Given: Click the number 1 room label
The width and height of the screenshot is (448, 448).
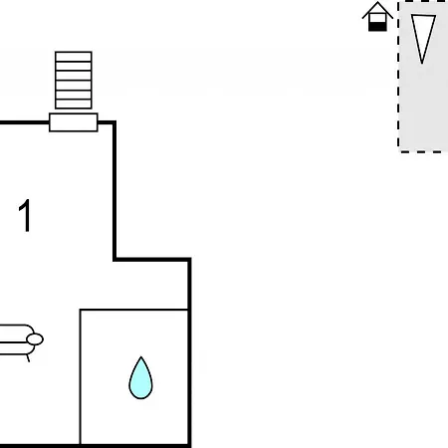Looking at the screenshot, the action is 25,216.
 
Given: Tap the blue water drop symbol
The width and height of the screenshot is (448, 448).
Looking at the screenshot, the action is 140,378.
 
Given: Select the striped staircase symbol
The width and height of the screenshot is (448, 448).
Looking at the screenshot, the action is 74,80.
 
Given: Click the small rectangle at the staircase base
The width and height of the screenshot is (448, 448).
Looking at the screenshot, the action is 74,122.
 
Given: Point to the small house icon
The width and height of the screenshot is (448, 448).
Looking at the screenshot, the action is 377,17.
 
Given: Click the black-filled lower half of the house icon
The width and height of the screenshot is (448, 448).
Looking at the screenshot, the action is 377,27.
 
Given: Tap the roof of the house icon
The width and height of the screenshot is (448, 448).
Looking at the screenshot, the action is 377,9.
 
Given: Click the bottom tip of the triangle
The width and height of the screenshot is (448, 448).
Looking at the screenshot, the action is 422,64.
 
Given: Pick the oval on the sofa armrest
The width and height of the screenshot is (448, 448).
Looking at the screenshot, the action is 35,339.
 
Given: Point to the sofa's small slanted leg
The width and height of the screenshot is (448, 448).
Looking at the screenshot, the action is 28,358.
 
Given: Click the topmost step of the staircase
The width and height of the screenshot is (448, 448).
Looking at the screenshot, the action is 74,57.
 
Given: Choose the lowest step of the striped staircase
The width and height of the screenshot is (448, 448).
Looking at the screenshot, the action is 74,105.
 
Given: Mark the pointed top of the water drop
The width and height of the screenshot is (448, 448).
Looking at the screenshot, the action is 141,357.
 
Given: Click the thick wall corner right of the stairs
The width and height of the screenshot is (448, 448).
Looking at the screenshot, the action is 114,122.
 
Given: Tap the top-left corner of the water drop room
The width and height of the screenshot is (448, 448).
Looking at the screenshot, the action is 81,310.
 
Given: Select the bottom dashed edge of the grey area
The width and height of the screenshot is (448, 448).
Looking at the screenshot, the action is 423,152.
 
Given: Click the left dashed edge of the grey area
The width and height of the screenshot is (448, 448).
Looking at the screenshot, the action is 398,77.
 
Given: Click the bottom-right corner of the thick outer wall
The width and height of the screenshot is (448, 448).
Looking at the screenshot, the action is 189,445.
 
